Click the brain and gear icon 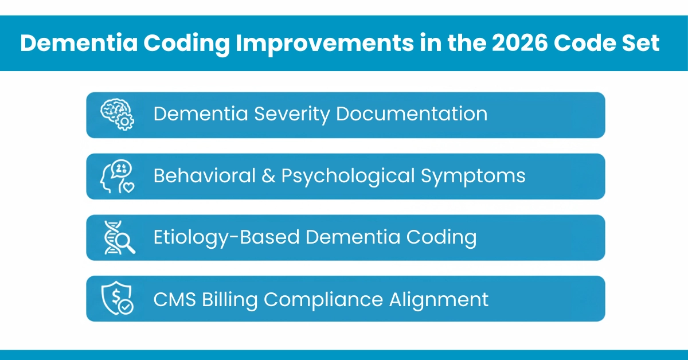pos(117,115)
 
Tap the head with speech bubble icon pos(117,176)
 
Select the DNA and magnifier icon pos(119,237)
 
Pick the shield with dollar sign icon pos(117,299)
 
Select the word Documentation pos(412,114)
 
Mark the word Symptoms pos(474,175)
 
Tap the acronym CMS pos(175,299)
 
